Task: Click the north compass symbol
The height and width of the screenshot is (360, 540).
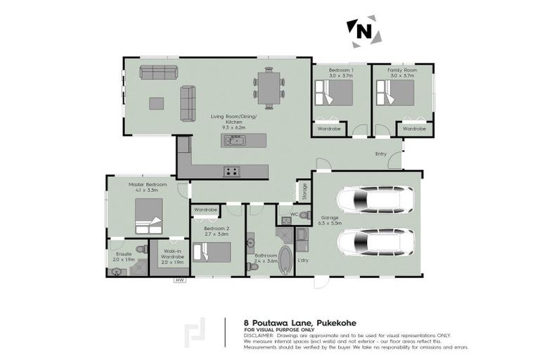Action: point(363,30)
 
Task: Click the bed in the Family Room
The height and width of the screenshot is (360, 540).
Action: point(394,93)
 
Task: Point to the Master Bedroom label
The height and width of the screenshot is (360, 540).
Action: point(148,187)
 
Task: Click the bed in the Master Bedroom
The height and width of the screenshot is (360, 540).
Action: point(149,216)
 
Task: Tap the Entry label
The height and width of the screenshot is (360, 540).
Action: point(380,153)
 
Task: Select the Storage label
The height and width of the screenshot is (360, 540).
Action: point(304,191)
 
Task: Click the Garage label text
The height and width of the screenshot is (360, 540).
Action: point(330,218)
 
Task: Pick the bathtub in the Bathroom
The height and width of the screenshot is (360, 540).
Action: point(285,260)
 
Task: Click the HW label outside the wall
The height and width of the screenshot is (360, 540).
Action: point(180,281)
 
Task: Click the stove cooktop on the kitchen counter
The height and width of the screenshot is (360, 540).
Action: point(231,170)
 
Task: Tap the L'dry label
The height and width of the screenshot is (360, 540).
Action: point(304,260)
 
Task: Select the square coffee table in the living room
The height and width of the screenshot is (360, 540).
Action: point(156,103)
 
